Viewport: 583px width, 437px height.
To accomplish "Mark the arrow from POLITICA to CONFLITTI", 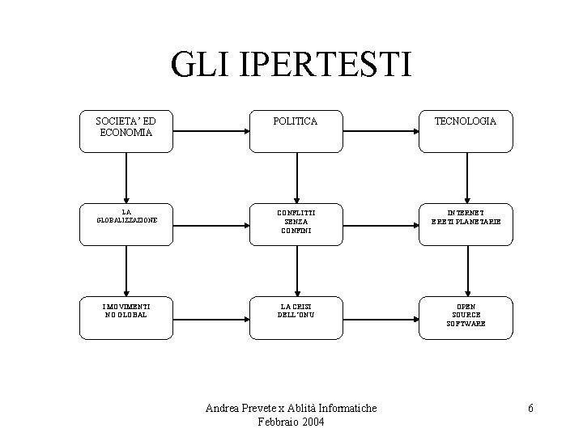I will tap(297, 175).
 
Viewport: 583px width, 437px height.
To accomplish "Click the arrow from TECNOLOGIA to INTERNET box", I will tap(466, 175).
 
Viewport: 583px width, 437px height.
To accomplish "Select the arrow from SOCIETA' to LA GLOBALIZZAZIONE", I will tap(126, 175).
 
